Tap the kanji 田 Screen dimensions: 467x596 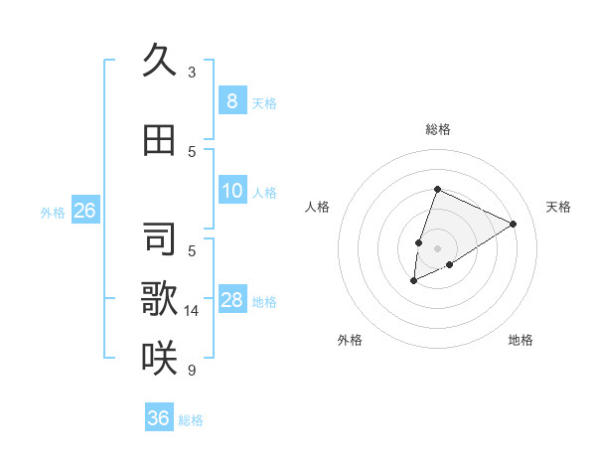(x=159, y=140)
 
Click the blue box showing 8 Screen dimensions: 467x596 (x=231, y=101)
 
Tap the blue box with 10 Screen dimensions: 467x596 (x=231, y=191)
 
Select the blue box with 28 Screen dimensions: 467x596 (x=231, y=300)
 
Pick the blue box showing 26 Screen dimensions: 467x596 (x=84, y=211)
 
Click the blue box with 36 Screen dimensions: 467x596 (x=159, y=418)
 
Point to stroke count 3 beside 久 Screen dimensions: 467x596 (x=192, y=73)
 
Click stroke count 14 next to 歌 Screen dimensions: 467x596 (x=193, y=311)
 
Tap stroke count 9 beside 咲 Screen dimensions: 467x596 (x=192, y=371)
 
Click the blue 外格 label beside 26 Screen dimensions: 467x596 (x=52, y=212)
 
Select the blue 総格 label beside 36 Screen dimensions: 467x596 (x=191, y=420)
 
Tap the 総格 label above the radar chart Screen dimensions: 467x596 (x=437, y=129)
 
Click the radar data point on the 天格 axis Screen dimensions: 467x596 (x=514, y=224)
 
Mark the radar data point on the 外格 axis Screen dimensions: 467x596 (x=414, y=281)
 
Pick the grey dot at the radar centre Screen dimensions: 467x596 (x=437, y=247)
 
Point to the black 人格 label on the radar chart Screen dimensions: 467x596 (x=318, y=207)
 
